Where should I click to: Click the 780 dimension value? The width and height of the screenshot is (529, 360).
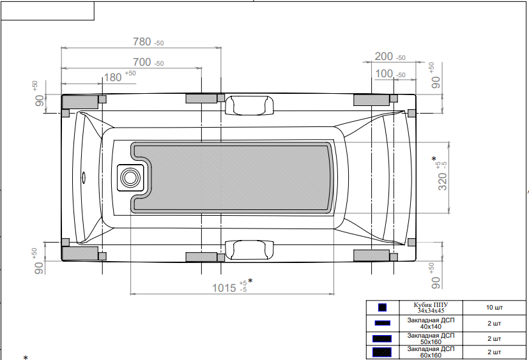142,41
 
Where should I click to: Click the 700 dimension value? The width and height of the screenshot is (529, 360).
142,62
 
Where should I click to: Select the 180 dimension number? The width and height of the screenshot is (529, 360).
112,77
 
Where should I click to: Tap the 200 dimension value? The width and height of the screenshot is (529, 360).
383,56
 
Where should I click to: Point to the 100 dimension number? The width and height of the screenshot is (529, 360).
384,73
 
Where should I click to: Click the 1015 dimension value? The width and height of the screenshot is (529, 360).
224,288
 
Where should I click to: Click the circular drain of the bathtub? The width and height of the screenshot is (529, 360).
130,177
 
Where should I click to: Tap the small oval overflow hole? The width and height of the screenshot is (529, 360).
84,177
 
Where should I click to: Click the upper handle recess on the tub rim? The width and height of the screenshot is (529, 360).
249,105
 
